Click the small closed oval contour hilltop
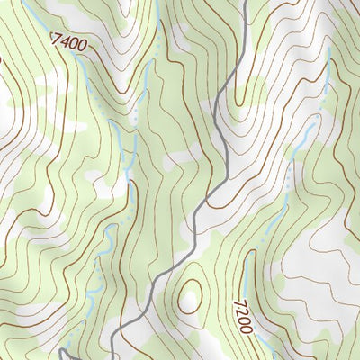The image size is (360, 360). [x=189, y=296]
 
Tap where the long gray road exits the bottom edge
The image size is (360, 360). [x=113, y=357]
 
